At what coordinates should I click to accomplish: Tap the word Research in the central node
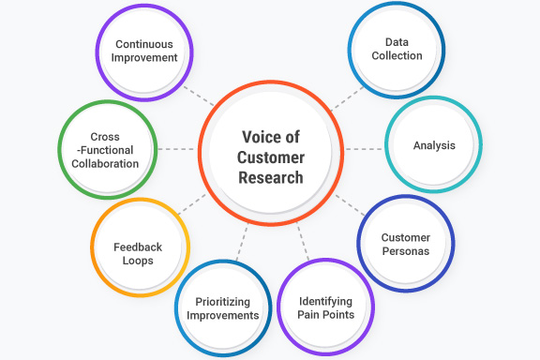pyautogui.click(x=270, y=177)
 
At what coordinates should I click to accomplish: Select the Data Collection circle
pyautogui.click(x=397, y=49)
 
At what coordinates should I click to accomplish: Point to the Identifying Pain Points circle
pyautogui.click(x=325, y=307)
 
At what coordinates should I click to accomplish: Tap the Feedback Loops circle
pyautogui.click(x=139, y=254)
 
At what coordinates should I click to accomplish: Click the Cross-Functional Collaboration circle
pyautogui.click(x=105, y=150)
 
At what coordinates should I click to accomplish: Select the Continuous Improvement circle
pyautogui.click(x=145, y=50)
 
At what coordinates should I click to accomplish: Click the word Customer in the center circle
pyautogui.click(x=270, y=157)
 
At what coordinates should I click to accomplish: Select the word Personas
pyautogui.click(x=405, y=251)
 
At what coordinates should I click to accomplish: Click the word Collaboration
pyautogui.click(x=105, y=163)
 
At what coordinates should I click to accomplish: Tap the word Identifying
pyautogui.click(x=325, y=301)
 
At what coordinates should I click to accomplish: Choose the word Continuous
pyautogui.click(x=145, y=43)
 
